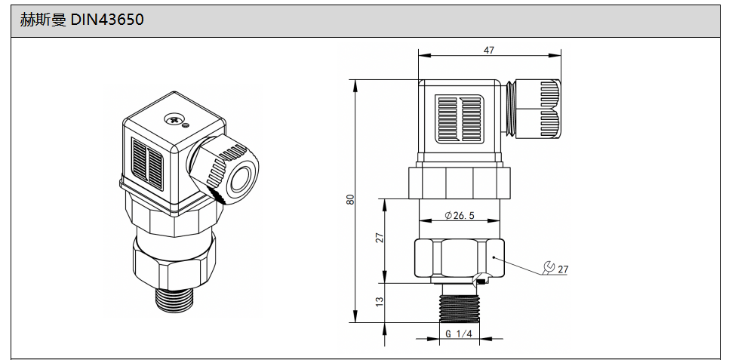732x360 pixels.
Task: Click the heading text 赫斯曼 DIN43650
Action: tap(82, 20)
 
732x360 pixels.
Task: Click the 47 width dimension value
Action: tap(489, 50)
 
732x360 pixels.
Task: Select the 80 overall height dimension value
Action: tap(349, 200)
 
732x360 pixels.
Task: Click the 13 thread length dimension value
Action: tap(380, 300)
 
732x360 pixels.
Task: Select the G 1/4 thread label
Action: tap(459, 334)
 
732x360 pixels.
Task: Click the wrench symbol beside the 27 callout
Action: tap(549, 267)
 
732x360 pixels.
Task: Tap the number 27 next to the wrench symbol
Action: tap(563, 269)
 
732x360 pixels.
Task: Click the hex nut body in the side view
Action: tap(459, 258)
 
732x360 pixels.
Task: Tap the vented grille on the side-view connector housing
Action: tap(460, 118)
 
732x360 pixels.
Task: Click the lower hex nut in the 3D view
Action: tap(174, 257)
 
